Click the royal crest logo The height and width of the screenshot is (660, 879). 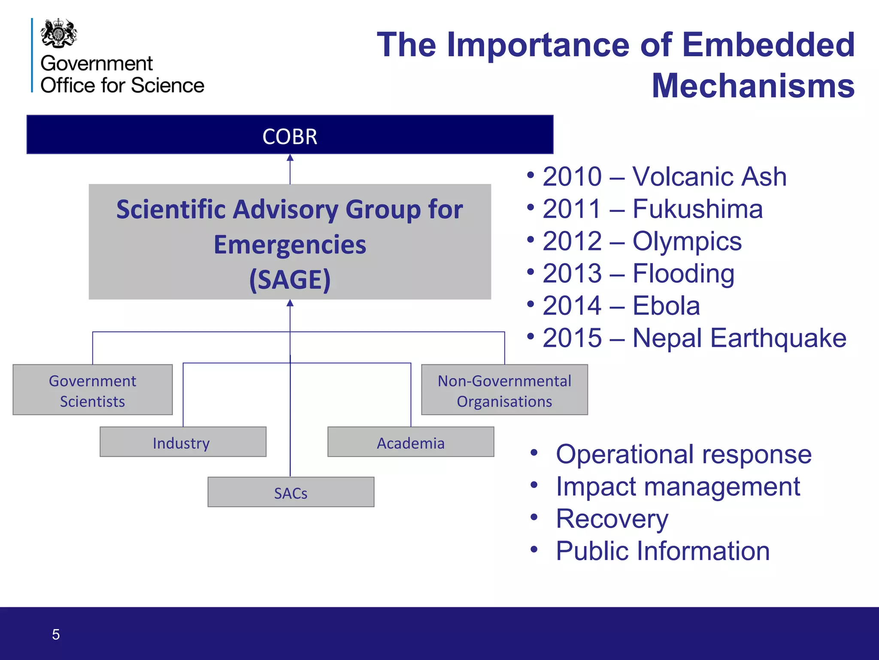point(59,33)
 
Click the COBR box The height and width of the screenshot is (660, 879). point(290,135)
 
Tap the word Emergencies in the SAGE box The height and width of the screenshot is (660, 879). point(290,245)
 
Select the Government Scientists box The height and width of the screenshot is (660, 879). point(93,390)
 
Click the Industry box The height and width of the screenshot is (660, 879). point(183,442)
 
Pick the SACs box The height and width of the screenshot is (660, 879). point(291,492)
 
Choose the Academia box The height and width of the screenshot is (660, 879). point(411,442)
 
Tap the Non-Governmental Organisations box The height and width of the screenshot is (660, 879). point(504,390)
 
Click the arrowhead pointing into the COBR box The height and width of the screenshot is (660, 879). point(290,158)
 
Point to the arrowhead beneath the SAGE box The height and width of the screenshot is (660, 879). point(290,303)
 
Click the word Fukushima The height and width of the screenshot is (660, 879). point(697,209)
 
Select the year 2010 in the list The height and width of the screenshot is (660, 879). point(572,177)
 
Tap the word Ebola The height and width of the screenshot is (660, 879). point(666,306)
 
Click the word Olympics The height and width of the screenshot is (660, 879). point(687,241)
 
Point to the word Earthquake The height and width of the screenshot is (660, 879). point(778,338)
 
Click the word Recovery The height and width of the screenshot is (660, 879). point(612,519)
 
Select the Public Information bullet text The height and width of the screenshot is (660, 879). point(663,551)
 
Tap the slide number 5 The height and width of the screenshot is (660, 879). point(56,635)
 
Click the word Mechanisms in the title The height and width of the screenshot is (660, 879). point(753,86)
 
